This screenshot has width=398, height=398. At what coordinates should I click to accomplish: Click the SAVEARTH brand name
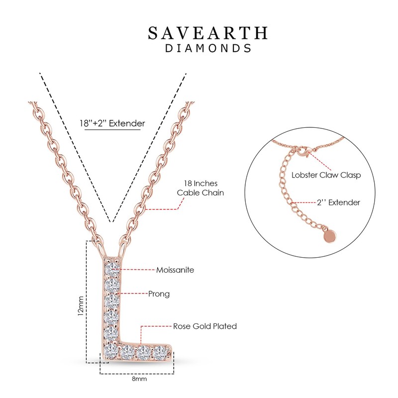208,33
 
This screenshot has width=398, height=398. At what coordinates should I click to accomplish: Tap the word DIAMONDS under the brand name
208,49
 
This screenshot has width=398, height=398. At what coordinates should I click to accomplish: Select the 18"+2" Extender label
112,123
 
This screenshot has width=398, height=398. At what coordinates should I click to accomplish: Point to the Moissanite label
175,270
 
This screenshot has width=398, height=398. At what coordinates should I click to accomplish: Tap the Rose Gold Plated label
204,326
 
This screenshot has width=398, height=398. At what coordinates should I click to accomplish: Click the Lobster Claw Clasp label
319,175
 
